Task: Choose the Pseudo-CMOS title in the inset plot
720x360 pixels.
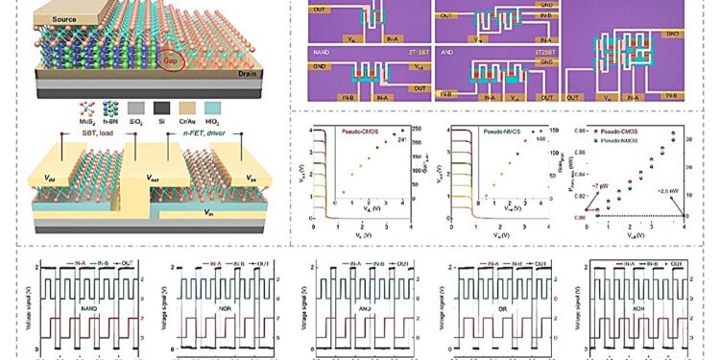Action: click(348, 130)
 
